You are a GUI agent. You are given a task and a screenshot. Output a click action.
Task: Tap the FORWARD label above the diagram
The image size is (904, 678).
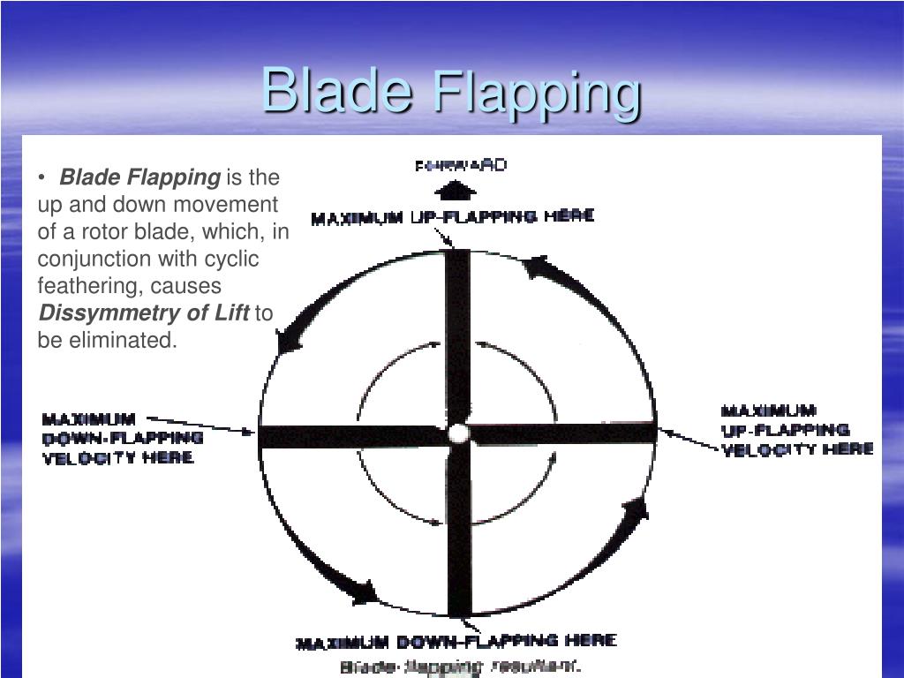[x=461, y=165]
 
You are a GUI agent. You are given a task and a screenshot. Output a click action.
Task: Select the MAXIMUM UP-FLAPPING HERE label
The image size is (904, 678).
[x=452, y=217]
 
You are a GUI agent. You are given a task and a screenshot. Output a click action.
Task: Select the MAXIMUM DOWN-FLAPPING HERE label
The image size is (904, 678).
[x=456, y=642]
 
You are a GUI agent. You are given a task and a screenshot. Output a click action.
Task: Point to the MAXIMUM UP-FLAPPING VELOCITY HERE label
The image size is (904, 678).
[x=797, y=430]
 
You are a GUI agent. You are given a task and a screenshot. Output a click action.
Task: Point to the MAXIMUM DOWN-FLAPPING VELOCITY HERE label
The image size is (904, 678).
[x=122, y=438]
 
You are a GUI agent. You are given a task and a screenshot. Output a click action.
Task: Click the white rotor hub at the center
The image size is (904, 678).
[x=458, y=433]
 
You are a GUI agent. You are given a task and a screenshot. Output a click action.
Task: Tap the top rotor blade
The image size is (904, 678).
[x=457, y=335]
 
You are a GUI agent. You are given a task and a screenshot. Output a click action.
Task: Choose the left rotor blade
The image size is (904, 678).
[x=353, y=436]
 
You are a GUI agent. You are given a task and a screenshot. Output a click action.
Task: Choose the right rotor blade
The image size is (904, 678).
[x=565, y=433]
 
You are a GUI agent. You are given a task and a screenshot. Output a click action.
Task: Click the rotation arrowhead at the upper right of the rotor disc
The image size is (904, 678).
[x=538, y=266]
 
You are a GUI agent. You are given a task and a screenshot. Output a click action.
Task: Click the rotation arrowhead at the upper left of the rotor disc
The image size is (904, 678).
[x=288, y=340]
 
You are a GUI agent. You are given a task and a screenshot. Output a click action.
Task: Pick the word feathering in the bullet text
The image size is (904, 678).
[x=91, y=286]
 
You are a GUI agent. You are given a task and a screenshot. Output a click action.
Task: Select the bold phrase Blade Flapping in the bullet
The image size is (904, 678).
[x=139, y=177]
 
